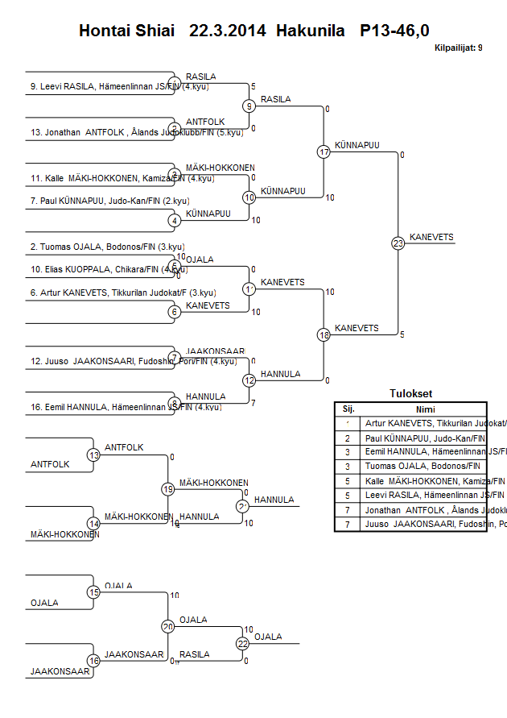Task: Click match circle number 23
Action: tap(398, 243)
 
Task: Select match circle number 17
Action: tap(324, 151)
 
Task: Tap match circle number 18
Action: tap(324, 334)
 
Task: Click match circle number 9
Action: tap(249, 106)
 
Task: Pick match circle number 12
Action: tap(249, 380)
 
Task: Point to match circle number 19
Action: tap(168, 488)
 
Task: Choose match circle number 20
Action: tap(168, 626)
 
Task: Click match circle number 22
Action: tap(243, 643)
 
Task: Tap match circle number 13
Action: tap(93, 455)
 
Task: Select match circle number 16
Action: tap(93, 660)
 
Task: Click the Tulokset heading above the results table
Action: tap(410, 394)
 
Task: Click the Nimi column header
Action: tap(425, 409)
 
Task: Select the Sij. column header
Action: tap(348, 409)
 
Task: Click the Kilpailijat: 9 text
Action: tap(458, 48)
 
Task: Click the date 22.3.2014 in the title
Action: tap(228, 31)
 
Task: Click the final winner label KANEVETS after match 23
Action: tap(431, 237)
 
